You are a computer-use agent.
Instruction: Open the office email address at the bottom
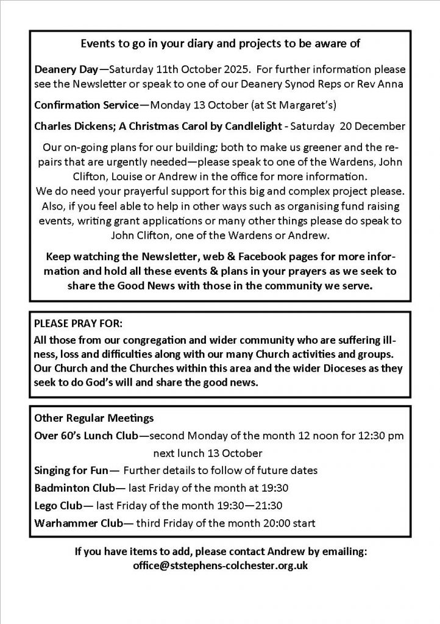pos(220,565)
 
